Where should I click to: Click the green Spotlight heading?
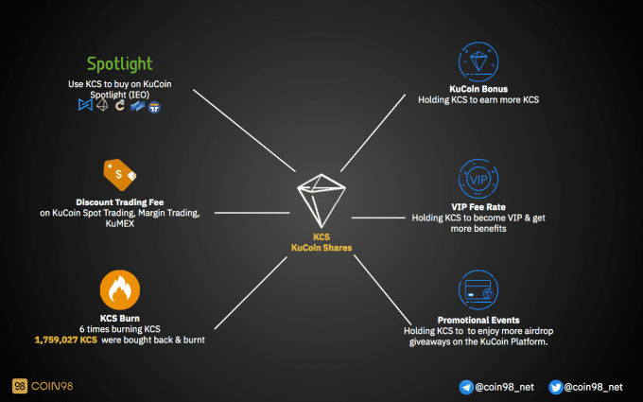coord(119,64)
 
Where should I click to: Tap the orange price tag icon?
coord(120,175)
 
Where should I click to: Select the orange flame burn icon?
coord(120,289)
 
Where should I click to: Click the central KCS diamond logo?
coord(321,201)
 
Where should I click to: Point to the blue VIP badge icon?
coord(478,179)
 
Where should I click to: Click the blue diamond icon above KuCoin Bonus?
coord(478,61)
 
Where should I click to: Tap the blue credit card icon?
coord(478,289)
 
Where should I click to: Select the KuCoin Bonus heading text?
coord(478,89)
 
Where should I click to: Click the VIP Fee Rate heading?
coord(478,207)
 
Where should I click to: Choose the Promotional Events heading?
coord(478,320)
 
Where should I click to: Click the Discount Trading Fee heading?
coord(120,202)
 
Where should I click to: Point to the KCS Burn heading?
coord(120,319)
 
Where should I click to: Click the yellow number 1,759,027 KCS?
coord(66,341)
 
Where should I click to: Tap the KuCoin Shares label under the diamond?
coord(321,248)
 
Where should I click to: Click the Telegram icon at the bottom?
coord(466,387)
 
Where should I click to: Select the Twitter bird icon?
coord(556,387)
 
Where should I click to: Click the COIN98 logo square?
coord(20,386)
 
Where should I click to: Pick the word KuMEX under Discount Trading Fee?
coord(120,224)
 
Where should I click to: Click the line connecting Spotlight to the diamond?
coord(244,131)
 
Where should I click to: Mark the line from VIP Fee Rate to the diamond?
coord(378,218)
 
